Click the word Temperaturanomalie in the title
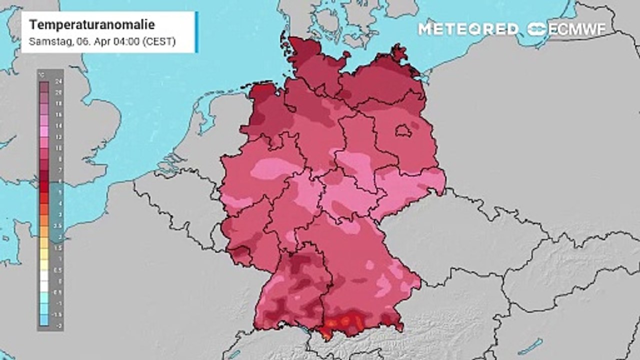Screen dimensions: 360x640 click(x=92, y=24)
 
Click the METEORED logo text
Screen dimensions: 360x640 click(x=468, y=29)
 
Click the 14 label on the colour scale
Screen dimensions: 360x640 click(x=58, y=126)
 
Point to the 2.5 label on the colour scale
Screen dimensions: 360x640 click(x=58, y=225)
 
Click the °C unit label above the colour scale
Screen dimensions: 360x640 click(x=42, y=75)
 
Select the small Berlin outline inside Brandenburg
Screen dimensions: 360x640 click(x=404, y=131)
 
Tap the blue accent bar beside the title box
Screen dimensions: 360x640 click(x=196, y=32)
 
